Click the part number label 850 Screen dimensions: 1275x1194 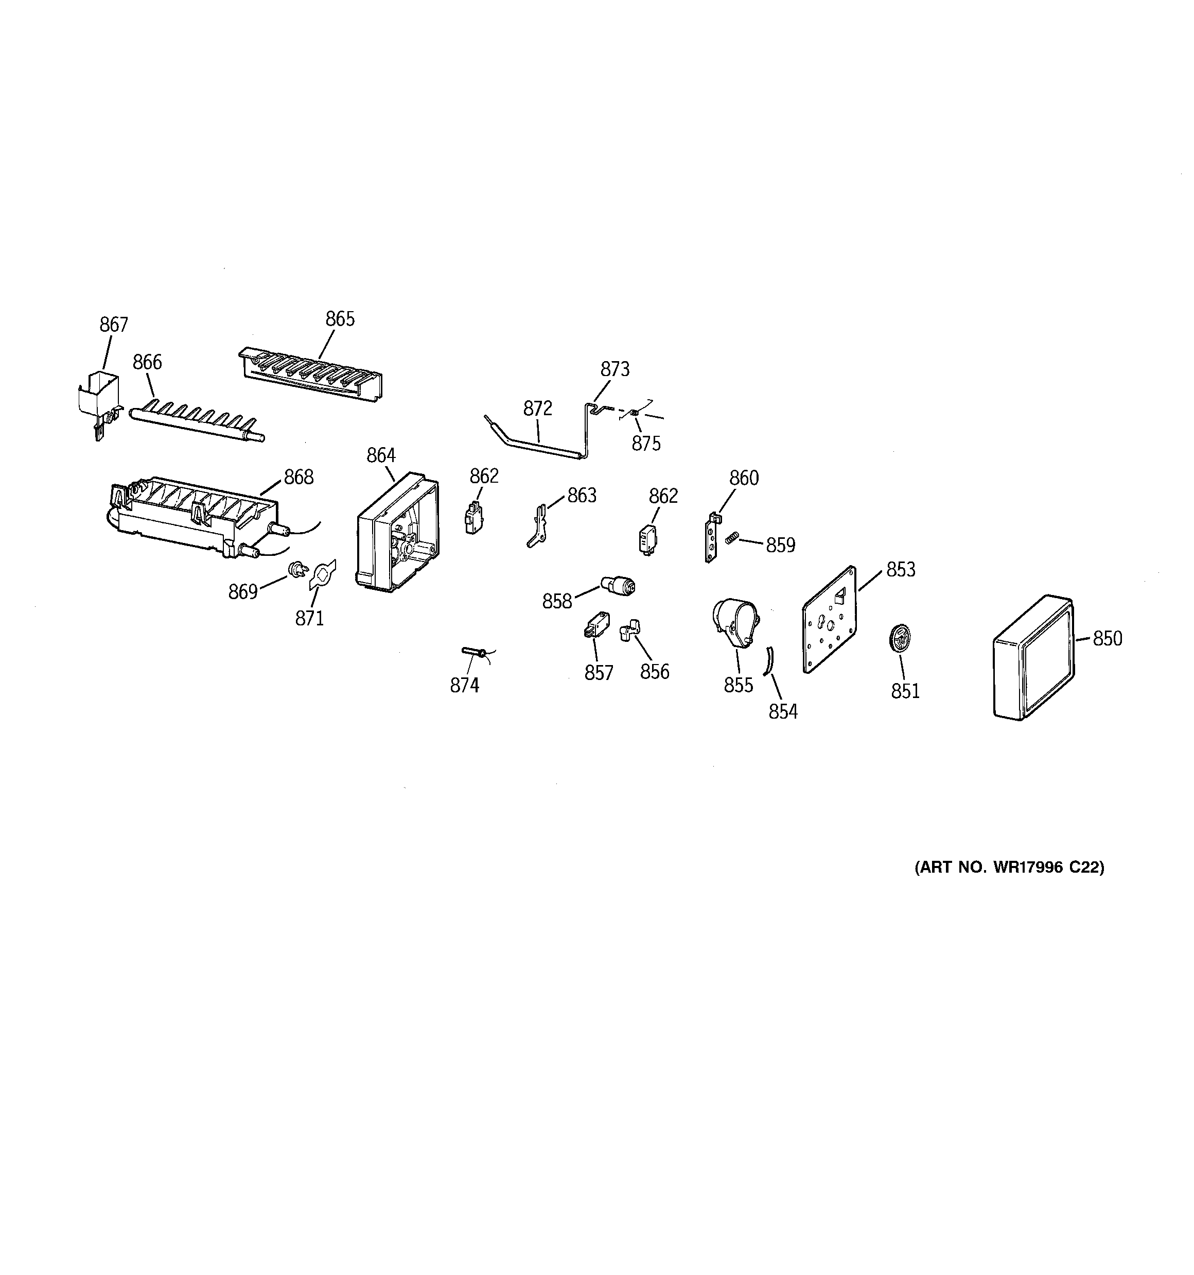[x=1108, y=638]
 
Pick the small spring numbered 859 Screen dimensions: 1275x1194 [x=732, y=538]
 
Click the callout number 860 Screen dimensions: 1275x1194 [x=744, y=478]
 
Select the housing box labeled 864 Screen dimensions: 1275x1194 [x=397, y=532]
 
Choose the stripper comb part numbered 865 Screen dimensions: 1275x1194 [x=311, y=375]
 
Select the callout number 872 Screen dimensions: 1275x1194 [x=537, y=408]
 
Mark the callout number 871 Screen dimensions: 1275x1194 [x=309, y=618]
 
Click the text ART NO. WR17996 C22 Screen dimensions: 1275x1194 [x=1009, y=867]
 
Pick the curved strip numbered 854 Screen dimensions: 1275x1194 [x=768, y=660]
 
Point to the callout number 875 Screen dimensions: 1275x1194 [x=646, y=443]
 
